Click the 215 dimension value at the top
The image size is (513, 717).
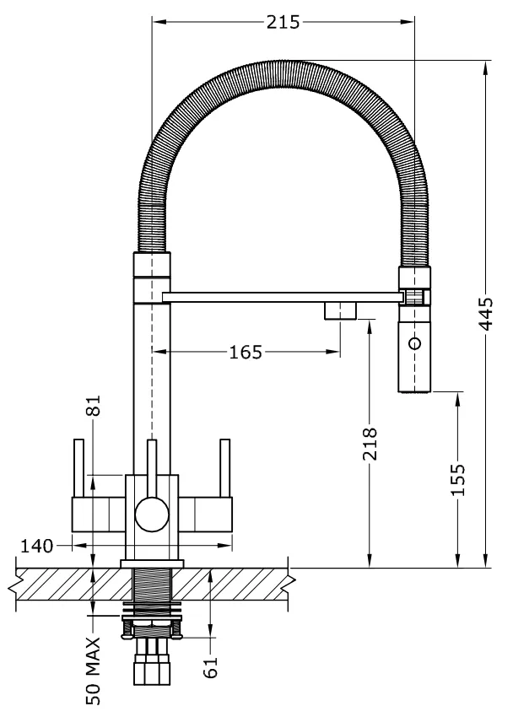[283, 22]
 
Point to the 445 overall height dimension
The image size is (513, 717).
[485, 314]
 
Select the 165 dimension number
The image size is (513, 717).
[246, 352]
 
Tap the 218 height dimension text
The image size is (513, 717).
[370, 444]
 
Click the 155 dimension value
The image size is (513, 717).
[457, 479]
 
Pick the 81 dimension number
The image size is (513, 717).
[94, 405]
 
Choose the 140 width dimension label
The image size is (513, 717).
[37, 546]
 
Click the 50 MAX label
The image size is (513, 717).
[94, 671]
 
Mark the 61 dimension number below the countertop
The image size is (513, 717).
[210, 666]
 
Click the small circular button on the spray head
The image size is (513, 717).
[415, 342]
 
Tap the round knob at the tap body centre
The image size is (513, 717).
[152, 515]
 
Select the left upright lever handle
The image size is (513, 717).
[78, 468]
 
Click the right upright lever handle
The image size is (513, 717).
[225, 468]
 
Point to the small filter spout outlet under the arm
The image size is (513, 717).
[341, 310]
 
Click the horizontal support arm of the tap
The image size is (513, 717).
[283, 297]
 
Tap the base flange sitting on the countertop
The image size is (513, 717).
[152, 563]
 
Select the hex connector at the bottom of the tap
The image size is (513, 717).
[152, 670]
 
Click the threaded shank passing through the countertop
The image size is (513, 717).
[152, 590]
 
